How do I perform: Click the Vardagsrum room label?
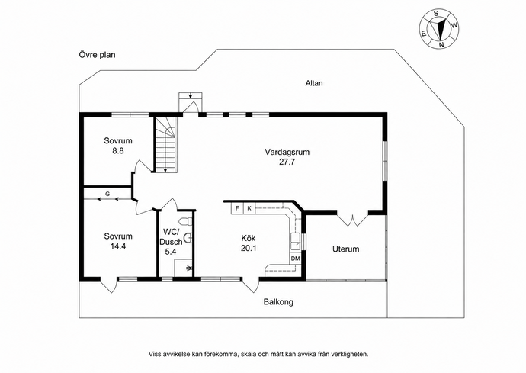click(x=287, y=152)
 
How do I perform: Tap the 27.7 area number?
click(x=287, y=162)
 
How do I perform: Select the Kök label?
click(x=249, y=238)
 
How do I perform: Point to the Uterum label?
click(x=346, y=249)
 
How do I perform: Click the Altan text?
click(x=314, y=83)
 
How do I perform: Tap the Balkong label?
click(x=278, y=302)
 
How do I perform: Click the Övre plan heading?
click(x=98, y=55)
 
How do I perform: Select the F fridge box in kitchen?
click(x=237, y=208)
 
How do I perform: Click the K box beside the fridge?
click(x=249, y=208)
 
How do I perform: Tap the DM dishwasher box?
click(x=295, y=258)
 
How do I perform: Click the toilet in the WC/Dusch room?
click(x=185, y=221)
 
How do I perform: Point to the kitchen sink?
click(x=296, y=241)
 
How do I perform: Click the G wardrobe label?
click(x=107, y=194)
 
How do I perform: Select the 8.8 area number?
click(x=118, y=151)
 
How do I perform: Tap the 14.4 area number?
click(x=118, y=246)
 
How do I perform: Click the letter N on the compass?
click(x=441, y=45)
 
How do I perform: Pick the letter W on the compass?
click(x=454, y=25)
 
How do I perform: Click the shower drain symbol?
click(x=189, y=268)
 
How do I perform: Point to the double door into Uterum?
click(x=352, y=220)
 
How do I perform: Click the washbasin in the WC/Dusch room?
click(x=188, y=238)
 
